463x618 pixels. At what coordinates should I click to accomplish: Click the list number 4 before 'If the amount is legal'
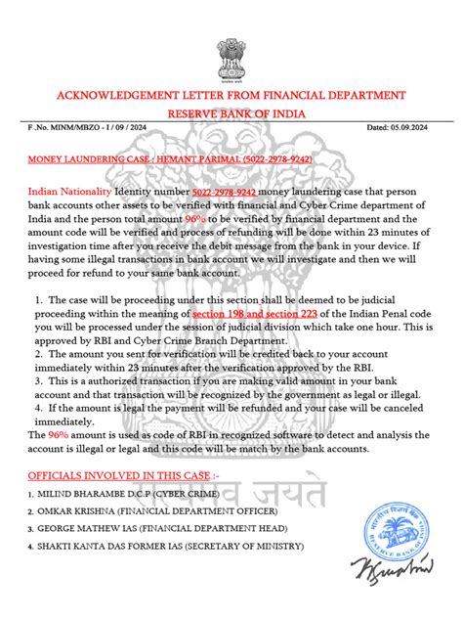click(37, 428)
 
